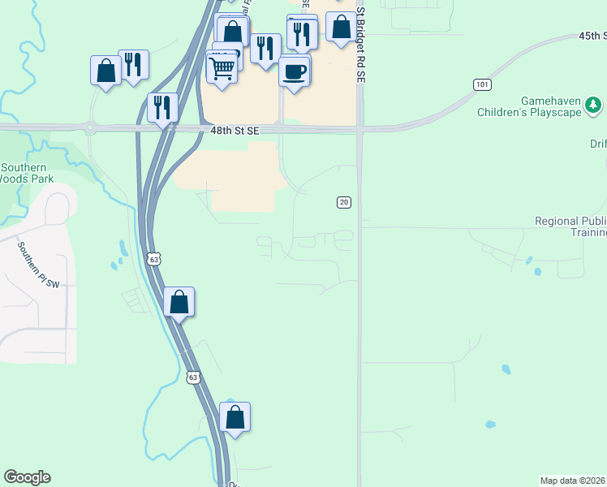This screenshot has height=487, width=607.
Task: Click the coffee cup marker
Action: coord(295,71)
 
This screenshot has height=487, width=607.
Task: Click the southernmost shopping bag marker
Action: coord(235,417)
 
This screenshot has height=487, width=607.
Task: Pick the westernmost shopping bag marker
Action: coord(105,70)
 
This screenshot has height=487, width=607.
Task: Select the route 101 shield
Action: coord(482,84)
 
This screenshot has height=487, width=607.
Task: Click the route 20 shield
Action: coord(344,202)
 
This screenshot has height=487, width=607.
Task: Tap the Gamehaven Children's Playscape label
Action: coord(540,106)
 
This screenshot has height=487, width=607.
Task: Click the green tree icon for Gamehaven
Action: coord(594,105)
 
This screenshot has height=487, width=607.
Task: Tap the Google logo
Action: coord(27,477)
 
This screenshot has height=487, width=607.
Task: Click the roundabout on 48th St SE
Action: coord(89,127)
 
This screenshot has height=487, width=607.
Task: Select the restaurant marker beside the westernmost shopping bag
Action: coord(133,64)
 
